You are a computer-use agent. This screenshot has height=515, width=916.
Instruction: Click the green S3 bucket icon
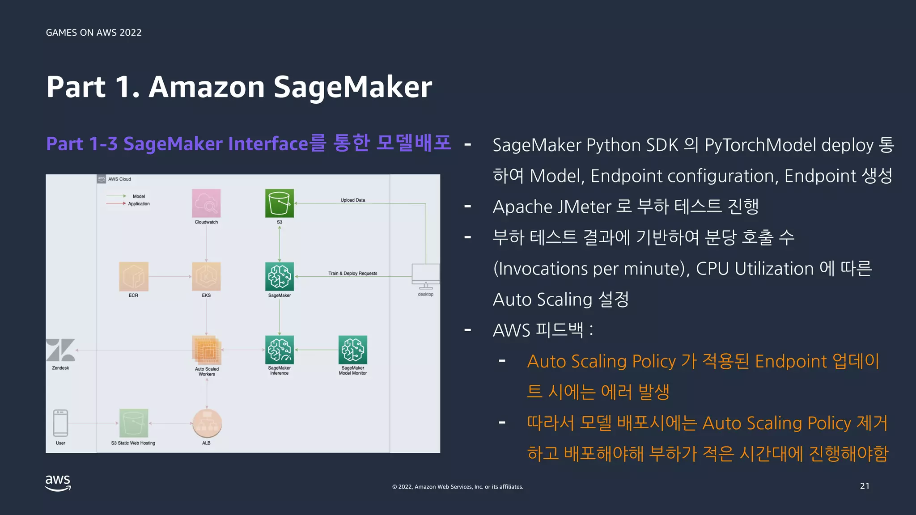coord(280,203)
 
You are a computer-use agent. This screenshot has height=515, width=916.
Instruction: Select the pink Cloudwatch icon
coord(206,203)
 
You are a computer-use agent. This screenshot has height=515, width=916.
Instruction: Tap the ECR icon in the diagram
coord(133,276)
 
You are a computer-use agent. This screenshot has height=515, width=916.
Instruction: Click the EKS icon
coord(206,276)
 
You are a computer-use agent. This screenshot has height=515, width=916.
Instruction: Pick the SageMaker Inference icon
coord(280,350)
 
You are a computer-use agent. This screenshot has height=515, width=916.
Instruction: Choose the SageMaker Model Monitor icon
coord(353,350)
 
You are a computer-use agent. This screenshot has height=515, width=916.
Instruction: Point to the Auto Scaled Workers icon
coord(207,350)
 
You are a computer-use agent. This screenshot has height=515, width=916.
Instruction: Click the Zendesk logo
coord(60,350)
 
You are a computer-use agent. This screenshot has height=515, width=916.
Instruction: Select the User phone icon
coord(60,423)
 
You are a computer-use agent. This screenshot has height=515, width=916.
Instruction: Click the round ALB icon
coord(207,423)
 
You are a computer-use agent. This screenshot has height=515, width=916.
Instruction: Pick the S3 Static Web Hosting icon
coord(133,423)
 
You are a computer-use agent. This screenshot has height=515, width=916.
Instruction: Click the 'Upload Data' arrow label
coord(352,200)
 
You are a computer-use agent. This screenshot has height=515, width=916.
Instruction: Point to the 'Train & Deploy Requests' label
coord(352,273)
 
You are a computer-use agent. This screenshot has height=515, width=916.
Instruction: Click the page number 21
coord(865,486)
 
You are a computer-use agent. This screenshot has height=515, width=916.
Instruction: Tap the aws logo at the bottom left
coord(58,483)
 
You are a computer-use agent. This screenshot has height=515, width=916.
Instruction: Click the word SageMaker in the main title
coord(352,87)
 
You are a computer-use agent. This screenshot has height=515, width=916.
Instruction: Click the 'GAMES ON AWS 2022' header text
coord(94,33)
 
